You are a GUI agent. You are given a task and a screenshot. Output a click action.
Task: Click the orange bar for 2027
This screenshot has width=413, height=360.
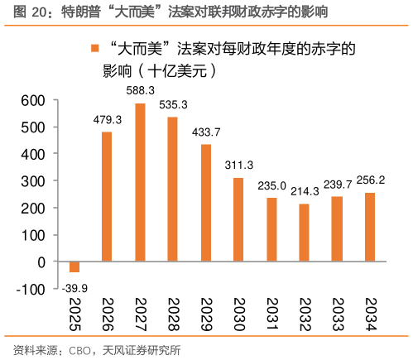click(140, 182)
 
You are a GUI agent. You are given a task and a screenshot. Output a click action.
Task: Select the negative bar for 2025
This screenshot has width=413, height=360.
click(74, 266)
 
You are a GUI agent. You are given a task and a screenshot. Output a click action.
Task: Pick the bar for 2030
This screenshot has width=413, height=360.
click(238, 219)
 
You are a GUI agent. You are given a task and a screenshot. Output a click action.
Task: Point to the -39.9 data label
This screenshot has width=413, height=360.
click(74, 286)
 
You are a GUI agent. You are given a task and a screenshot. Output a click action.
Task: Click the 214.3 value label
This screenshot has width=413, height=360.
click(305, 191)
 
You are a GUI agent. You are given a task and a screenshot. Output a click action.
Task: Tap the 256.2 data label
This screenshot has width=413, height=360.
click(370, 180)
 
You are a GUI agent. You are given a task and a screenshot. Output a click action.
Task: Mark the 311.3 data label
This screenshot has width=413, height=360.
click(238, 165)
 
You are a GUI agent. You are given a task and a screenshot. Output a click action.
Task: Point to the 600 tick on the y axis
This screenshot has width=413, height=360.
click(31, 101)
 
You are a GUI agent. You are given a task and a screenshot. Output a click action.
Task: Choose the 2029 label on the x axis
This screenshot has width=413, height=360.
click(205, 315)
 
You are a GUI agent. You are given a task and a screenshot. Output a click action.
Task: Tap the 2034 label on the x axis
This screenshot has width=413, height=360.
click(369, 315)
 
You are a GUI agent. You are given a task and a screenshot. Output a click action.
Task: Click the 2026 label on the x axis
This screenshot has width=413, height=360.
click(107, 315)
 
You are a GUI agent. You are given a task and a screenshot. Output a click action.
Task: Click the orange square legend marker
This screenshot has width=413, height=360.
click(94, 50)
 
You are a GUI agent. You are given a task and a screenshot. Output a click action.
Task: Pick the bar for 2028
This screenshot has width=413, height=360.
click(172, 189)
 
